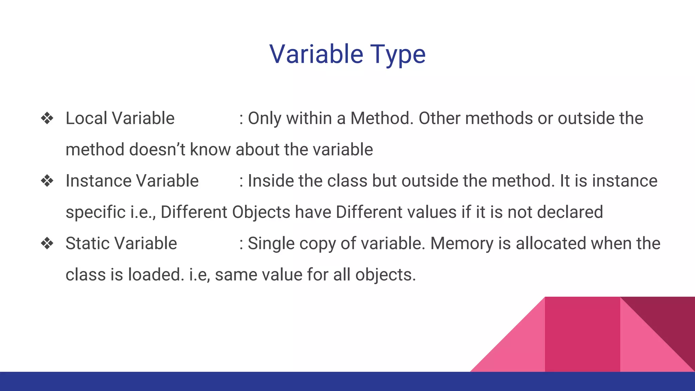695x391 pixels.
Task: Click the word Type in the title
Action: tap(397, 54)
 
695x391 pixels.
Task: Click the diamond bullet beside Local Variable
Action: tap(47, 118)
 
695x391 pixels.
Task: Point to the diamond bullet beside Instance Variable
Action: tap(47, 181)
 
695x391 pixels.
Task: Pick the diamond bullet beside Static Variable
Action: tap(47, 243)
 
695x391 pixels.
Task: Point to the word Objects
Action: tap(261, 212)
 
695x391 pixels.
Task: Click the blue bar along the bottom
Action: tap(347, 381)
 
